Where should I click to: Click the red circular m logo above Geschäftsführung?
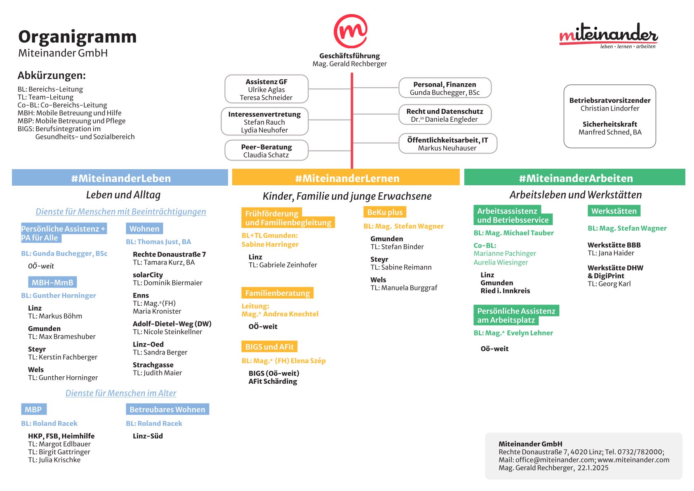[x=351, y=31]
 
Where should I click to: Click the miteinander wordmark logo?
[x=608, y=35]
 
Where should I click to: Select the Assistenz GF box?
[x=266, y=89]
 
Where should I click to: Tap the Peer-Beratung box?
[x=266, y=150]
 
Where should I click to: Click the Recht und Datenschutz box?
[x=445, y=115]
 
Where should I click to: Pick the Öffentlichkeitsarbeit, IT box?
[x=448, y=144]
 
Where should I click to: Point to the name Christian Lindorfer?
[x=610, y=109]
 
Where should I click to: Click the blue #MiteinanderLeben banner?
[x=120, y=177]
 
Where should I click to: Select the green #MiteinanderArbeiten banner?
[x=575, y=177]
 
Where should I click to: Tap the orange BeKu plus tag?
[x=384, y=212]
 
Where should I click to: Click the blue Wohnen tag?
[x=144, y=229]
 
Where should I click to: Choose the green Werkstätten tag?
[x=614, y=211]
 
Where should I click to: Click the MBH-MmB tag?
[x=52, y=282]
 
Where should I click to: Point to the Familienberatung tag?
[x=277, y=293]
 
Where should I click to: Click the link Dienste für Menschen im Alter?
[x=121, y=393]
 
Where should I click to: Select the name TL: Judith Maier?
[x=158, y=373]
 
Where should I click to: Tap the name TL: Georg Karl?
[x=609, y=284]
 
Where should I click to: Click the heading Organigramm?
[x=78, y=37]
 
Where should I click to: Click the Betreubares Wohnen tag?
[x=167, y=409]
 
